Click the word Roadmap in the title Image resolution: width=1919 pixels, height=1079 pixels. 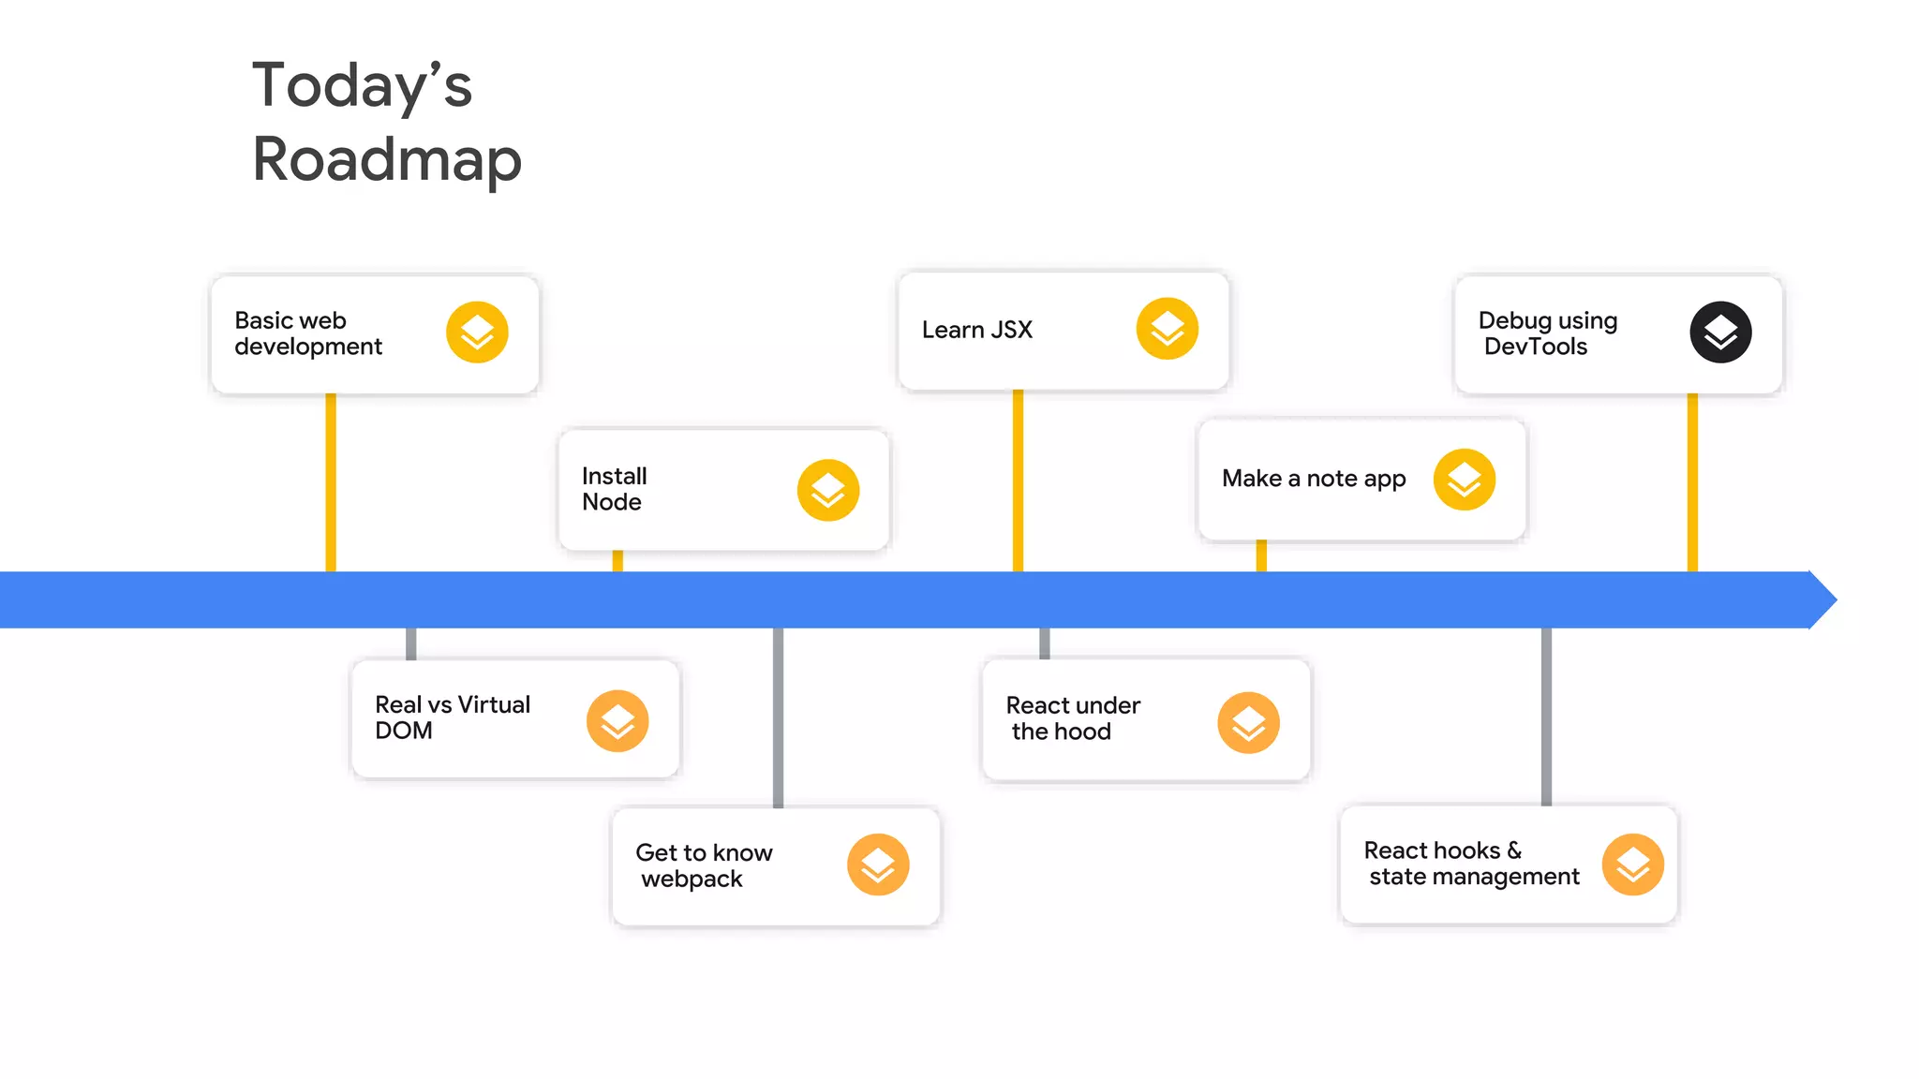(386, 159)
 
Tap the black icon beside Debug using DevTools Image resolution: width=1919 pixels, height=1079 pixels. (1720, 333)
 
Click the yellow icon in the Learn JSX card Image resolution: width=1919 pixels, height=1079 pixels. (1167, 329)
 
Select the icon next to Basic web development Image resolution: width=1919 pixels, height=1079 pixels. (477, 333)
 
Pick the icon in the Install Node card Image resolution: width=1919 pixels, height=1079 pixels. (828, 490)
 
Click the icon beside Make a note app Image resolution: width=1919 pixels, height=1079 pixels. (1465, 480)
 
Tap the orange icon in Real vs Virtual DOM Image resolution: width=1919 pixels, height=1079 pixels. (617, 721)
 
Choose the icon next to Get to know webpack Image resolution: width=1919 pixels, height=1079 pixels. (878, 865)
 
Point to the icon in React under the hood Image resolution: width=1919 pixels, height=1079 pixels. (1248, 723)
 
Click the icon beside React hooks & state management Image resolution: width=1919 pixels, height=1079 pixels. (1632, 865)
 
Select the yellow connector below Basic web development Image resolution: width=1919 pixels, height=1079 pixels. (331, 482)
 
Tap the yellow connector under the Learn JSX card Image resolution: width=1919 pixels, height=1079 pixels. (1018, 480)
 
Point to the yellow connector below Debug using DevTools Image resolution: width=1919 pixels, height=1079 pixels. (1692, 482)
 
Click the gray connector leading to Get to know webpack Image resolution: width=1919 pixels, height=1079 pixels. (778, 717)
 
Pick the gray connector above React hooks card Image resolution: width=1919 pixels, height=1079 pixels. (1546, 717)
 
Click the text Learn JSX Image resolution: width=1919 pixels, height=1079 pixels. (976, 330)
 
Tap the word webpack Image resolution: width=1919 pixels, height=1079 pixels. (692, 879)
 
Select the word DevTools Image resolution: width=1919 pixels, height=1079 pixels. (1536, 347)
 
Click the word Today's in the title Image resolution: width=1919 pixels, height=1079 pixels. (362, 85)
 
